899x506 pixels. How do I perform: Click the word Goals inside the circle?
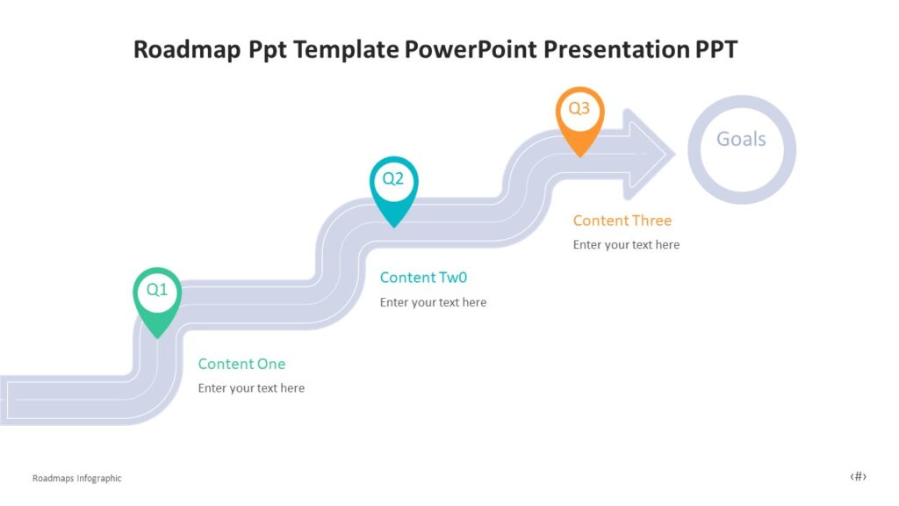click(x=741, y=139)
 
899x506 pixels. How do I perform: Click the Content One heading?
click(x=241, y=364)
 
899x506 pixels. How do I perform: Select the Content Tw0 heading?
click(x=423, y=278)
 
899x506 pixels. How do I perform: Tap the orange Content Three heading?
click(x=622, y=220)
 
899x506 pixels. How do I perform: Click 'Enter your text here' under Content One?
click(x=251, y=388)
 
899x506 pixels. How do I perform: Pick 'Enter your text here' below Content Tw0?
click(x=433, y=302)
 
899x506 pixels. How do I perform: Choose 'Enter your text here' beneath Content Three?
click(x=626, y=245)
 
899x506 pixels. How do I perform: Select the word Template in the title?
click(x=347, y=49)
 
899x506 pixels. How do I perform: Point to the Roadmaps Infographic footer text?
click(x=76, y=479)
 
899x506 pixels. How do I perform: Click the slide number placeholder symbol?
click(x=858, y=477)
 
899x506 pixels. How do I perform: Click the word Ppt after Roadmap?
click(x=264, y=49)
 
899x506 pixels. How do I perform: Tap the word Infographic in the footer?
click(x=98, y=479)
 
